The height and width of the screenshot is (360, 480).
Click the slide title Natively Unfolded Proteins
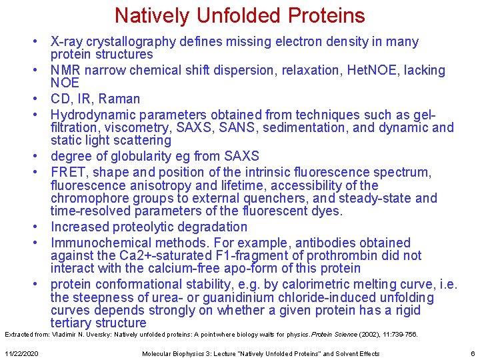pyautogui.click(x=239, y=15)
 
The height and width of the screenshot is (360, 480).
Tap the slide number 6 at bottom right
pyautogui.click(x=472, y=353)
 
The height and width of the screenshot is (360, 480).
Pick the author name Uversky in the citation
pyautogui.click(x=103, y=334)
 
